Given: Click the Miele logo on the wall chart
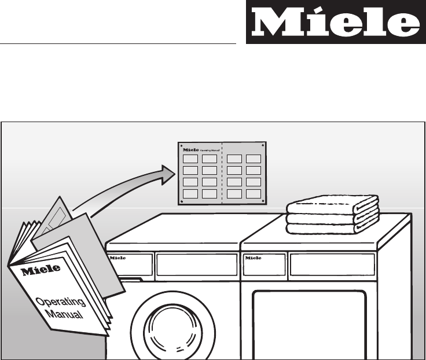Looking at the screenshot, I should point(190,149).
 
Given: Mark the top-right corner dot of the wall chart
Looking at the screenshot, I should point(263,145).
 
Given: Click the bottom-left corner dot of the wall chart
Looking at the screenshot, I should point(182,201).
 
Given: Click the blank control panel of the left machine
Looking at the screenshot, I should point(197,264).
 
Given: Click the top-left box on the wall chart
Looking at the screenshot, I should point(190,159).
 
